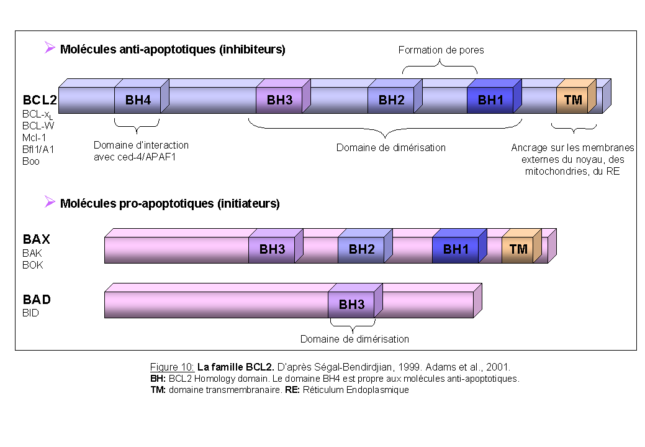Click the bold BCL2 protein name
[40, 100]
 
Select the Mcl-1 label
[34, 137]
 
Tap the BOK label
[32, 265]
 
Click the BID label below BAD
[30, 313]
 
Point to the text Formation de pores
[441, 50]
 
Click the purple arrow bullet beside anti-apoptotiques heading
[50, 47]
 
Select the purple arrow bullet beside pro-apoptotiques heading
[50, 201]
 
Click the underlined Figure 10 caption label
[172, 367]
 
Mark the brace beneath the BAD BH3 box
[353, 326]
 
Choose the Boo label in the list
[31, 161]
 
